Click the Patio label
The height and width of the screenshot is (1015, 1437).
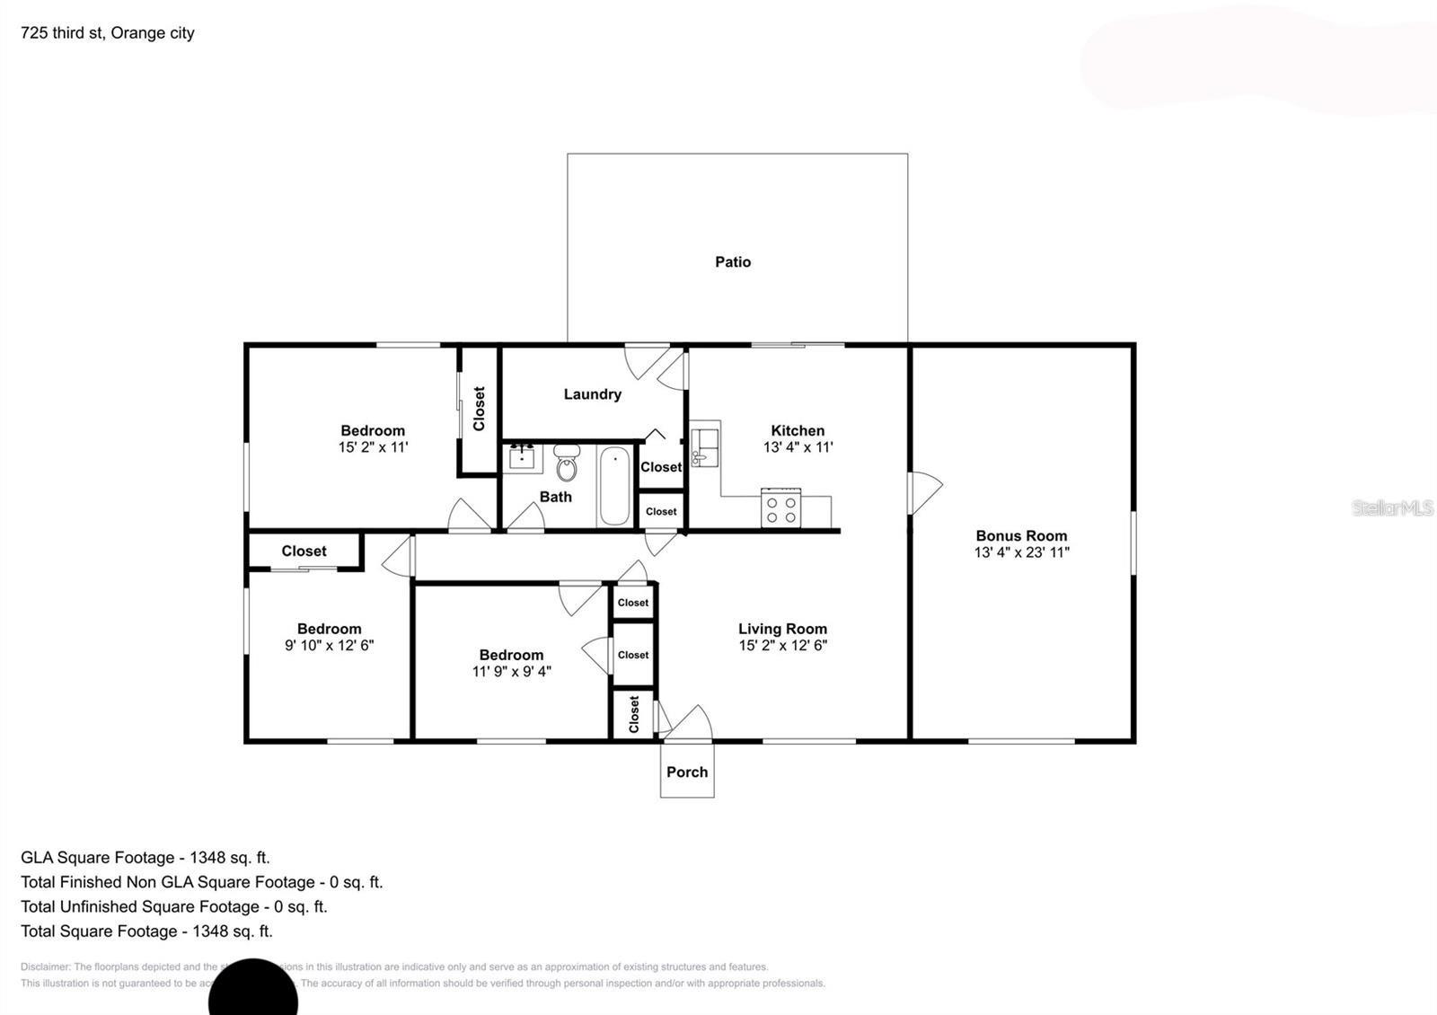pyautogui.click(x=733, y=262)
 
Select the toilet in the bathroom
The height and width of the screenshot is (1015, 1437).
pyautogui.click(x=567, y=464)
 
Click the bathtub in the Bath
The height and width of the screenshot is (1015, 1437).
pyautogui.click(x=614, y=485)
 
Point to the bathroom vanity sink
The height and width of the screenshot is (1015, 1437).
pyautogui.click(x=522, y=456)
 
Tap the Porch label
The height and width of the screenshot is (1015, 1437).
pyautogui.click(x=687, y=772)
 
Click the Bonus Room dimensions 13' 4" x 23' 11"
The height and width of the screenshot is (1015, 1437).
pyautogui.click(x=1021, y=552)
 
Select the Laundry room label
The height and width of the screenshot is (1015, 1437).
pyautogui.click(x=592, y=394)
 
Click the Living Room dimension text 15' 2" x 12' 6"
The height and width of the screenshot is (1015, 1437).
pyautogui.click(x=782, y=645)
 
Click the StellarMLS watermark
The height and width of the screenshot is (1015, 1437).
pyautogui.click(x=1392, y=508)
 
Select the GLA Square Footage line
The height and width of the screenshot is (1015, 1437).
pyautogui.click(x=145, y=858)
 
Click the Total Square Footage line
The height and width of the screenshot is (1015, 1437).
pyautogui.click(x=146, y=931)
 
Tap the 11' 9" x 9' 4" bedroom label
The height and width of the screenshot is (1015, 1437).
pyautogui.click(x=511, y=664)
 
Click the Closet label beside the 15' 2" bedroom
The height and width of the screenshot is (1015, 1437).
pyautogui.click(x=479, y=409)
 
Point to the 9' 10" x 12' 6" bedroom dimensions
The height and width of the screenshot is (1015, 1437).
pyautogui.click(x=329, y=645)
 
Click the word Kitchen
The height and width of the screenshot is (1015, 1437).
pyautogui.click(x=798, y=430)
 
